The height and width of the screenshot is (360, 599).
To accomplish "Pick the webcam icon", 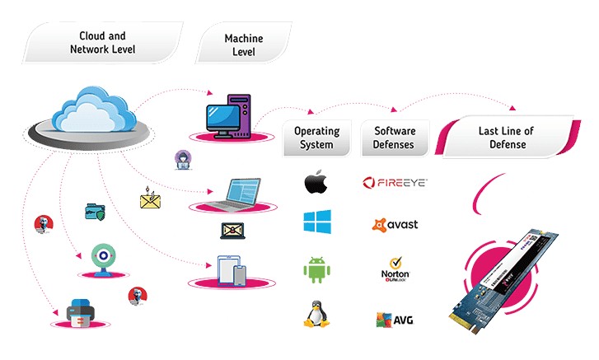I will point(102,256).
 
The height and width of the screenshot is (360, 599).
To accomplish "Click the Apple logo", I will point(316,182).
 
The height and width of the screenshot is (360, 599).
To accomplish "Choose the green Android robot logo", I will point(316,269).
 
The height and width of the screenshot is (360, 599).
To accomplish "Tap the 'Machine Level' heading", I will point(244,45).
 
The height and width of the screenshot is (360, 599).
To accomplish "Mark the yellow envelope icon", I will point(150,199).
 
